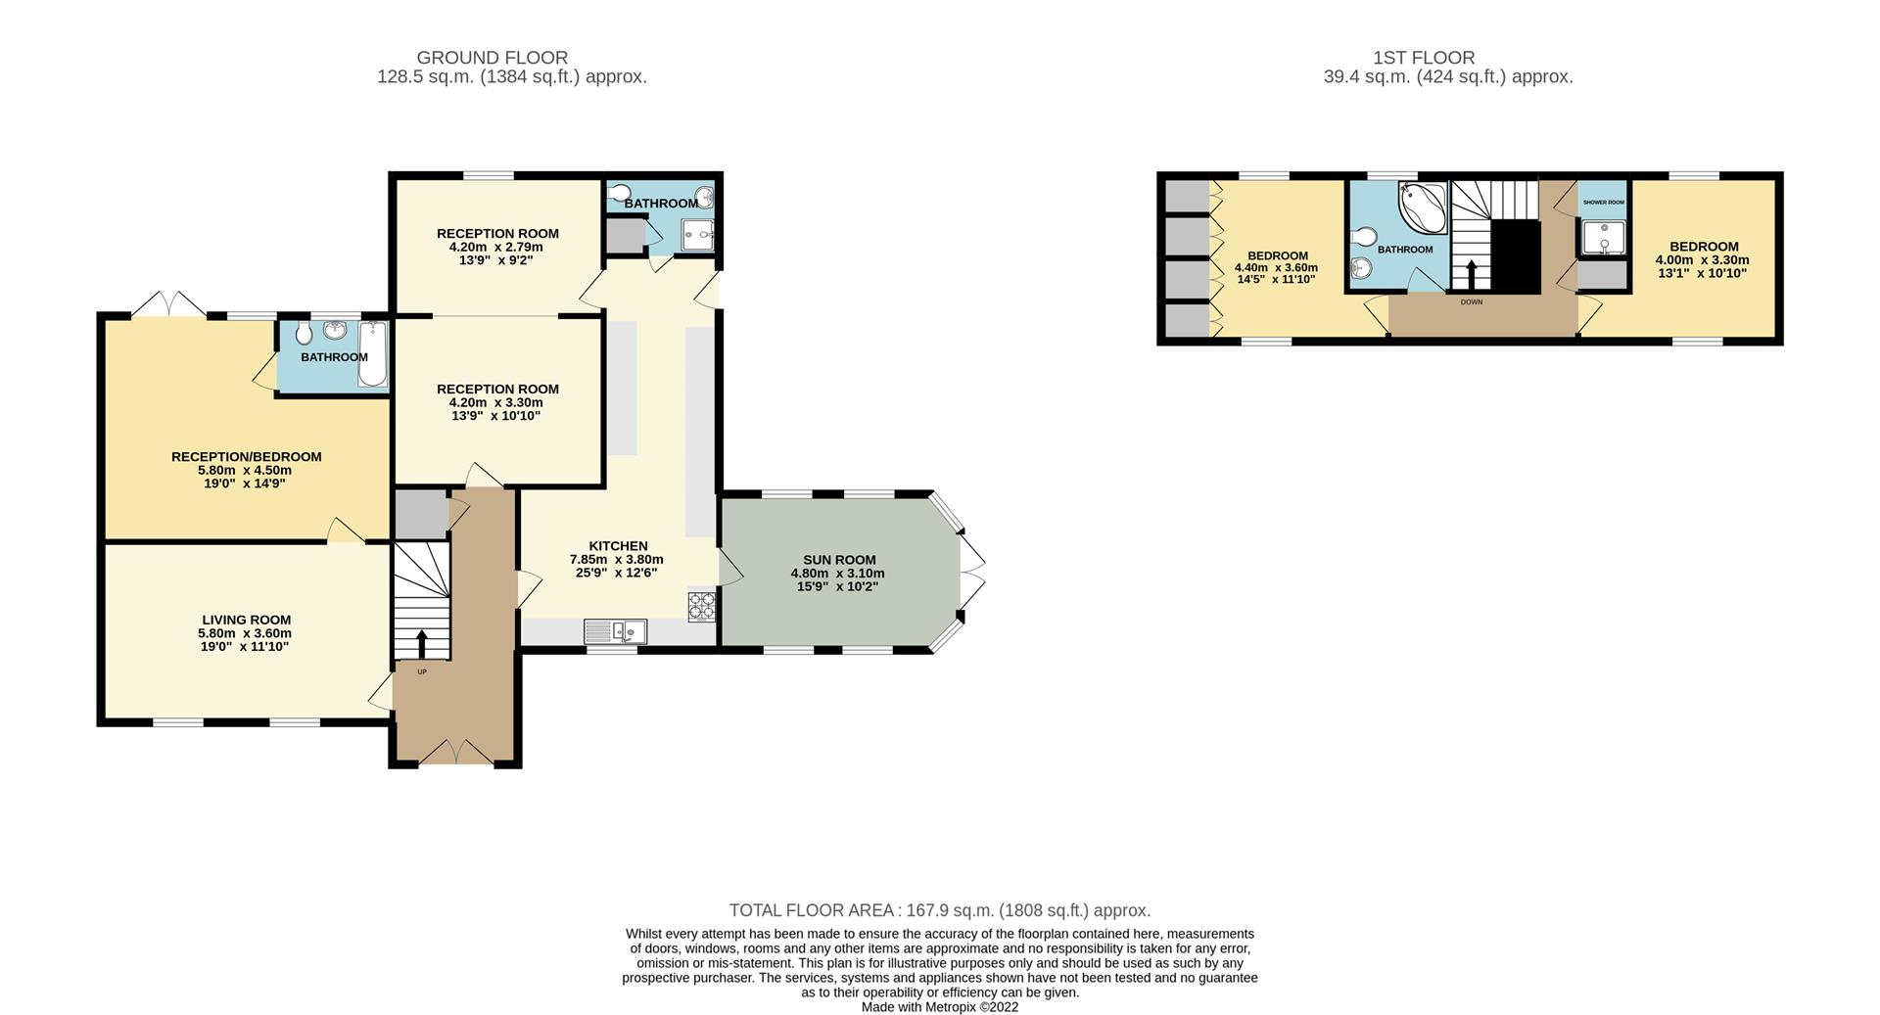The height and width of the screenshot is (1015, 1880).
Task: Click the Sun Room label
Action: point(839,560)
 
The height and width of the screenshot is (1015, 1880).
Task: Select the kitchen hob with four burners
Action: point(702,607)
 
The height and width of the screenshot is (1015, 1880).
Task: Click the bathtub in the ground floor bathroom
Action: point(373,354)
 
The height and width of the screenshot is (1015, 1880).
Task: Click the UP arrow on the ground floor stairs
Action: point(422,645)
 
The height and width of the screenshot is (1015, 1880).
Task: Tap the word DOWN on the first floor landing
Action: point(1471,302)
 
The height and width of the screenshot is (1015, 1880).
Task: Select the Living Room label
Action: point(246,620)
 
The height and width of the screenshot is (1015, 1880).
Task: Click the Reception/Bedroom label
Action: point(246,457)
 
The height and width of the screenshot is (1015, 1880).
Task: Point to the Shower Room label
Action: point(1603,203)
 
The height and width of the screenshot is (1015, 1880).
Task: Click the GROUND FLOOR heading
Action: point(492,58)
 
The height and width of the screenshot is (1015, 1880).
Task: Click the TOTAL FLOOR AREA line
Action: point(939,910)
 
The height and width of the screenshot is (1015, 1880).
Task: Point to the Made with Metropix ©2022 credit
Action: point(939,1007)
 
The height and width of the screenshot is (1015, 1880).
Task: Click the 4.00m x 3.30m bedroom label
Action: point(1702,260)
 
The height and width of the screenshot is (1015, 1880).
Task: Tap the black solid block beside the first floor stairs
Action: point(1515,256)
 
